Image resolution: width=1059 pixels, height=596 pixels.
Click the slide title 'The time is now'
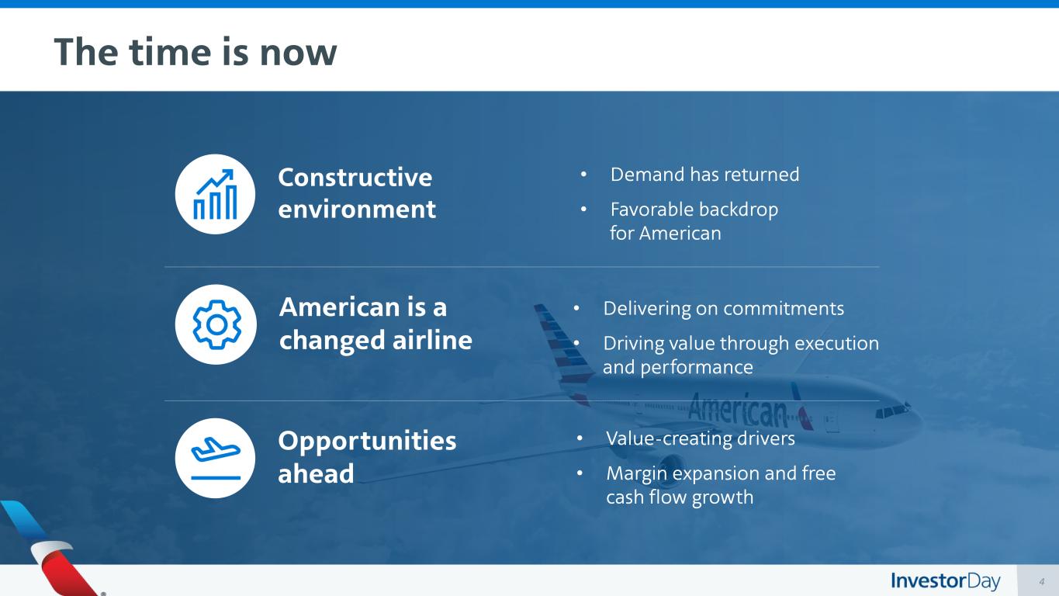click(x=196, y=51)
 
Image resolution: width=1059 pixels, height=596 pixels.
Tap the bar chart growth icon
click(x=215, y=195)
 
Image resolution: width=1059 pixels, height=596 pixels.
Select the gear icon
click(x=216, y=324)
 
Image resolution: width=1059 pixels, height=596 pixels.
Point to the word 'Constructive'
click(x=355, y=178)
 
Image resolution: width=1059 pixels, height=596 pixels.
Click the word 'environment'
click(x=357, y=210)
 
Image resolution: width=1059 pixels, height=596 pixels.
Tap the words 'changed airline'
click(x=375, y=340)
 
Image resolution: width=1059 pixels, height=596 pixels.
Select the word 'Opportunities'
click(x=367, y=442)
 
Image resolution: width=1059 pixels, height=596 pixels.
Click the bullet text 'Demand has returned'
click(x=704, y=175)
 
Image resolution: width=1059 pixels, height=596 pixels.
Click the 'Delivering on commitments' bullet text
click(x=723, y=308)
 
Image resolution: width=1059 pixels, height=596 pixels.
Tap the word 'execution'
click(x=836, y=344)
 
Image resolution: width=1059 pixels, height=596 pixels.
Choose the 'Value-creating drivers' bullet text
click(x=700, y=438)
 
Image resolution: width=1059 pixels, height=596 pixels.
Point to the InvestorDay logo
click(x=945, y=581)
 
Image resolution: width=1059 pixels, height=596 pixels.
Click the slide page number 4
click(x=1041, y=581)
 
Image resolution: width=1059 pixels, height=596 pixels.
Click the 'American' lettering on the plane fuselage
click(x=738, y=409)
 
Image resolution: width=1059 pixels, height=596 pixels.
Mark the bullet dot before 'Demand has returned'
click(x=583, y=175)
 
